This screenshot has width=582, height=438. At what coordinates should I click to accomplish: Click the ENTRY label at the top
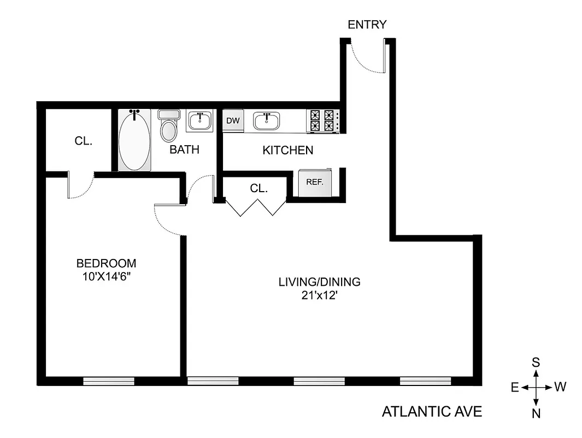367,25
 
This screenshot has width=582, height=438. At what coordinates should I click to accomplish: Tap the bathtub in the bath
134,140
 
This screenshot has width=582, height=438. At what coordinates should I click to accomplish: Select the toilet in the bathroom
169,127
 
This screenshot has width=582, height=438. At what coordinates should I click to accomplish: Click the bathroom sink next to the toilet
201,121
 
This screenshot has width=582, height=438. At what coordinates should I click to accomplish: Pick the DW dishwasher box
232,121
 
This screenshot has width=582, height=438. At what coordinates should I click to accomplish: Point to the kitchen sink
267,121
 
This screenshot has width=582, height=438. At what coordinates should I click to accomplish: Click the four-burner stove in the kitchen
322,121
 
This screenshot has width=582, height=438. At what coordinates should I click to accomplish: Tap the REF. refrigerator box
315,182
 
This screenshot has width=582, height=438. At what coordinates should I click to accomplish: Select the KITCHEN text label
288,150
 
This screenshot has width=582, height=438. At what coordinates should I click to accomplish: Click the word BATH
184,149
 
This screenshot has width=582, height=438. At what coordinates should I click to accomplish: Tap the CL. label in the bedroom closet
84,141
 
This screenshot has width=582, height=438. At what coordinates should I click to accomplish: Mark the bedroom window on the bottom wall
109,381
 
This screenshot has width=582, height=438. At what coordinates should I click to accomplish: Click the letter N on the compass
536,413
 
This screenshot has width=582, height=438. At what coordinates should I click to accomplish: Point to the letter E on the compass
514,388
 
